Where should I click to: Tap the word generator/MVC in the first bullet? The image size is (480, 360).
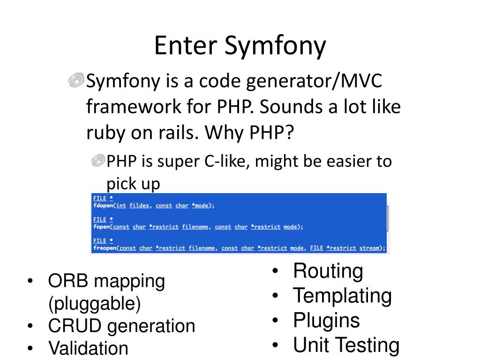pyautogui.click(x=315, y=82)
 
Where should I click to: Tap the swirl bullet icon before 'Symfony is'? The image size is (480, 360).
pyautogui.click(x=76, y=81)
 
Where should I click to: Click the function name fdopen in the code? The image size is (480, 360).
pyautogui.click(x=103, y=205)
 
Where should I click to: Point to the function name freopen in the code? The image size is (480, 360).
pyautogui.click(x=105, y=248)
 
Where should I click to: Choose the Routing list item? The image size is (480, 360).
pyautogui.click(x=328, y=271)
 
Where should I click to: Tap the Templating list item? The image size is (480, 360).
pyautogui.click(x=342, y=296)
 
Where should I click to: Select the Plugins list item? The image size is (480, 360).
pyautogui.click(x=326, y=321)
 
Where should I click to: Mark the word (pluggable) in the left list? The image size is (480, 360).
pyautogui.click(x=94, y=304)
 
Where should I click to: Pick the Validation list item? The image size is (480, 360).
pyautogui.click(x=88, y=348)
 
